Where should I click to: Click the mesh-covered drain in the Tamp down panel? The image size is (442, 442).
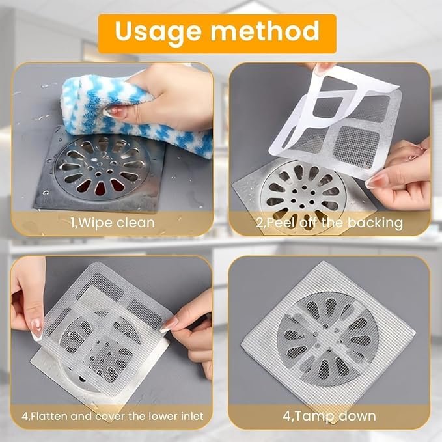coord(327,335)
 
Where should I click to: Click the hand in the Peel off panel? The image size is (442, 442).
coord(404,176)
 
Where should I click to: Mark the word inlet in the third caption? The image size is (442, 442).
coord(189,416)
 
